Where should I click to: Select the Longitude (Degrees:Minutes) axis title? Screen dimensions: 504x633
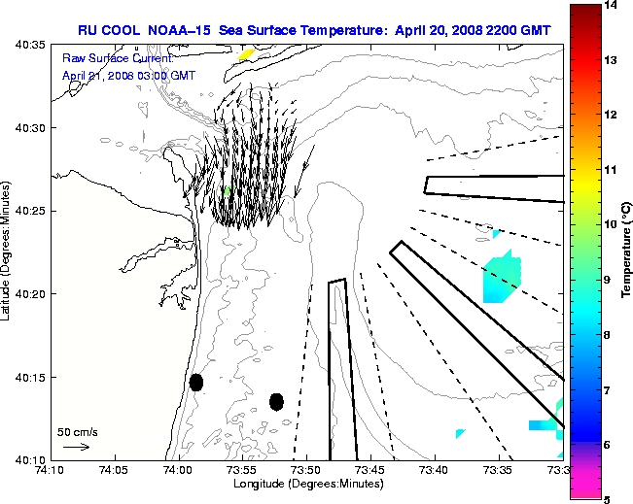(305, 483)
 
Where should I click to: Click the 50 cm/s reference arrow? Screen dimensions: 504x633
(76, 447)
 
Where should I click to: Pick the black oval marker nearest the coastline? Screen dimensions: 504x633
(196, 382)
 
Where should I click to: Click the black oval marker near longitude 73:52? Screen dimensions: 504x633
(277, 401)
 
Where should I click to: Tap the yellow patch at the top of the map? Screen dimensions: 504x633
(246, 54)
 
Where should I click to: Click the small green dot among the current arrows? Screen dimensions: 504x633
(227, 191)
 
